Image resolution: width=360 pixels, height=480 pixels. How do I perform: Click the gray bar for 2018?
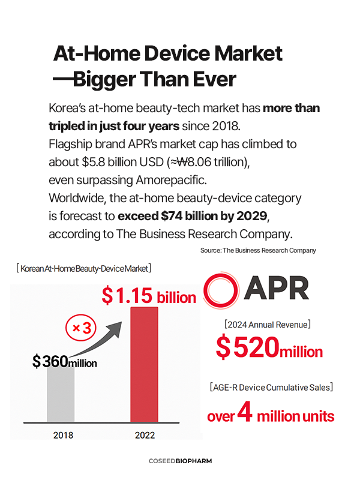click(61, 396)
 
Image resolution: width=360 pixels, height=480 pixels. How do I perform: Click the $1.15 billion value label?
click(148, 296)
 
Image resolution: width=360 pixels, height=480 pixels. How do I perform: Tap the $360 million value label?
click(64, 361)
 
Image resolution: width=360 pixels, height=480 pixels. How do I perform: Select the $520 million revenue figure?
click(269, 348)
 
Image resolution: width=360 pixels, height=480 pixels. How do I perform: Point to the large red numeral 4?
click(245, 412)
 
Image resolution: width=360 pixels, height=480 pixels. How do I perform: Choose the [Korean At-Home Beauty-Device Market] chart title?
click(83, 268)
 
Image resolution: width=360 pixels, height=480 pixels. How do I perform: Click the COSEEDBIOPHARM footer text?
click(180, 461)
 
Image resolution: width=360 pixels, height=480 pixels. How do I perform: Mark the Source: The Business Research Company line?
click(258, 250)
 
